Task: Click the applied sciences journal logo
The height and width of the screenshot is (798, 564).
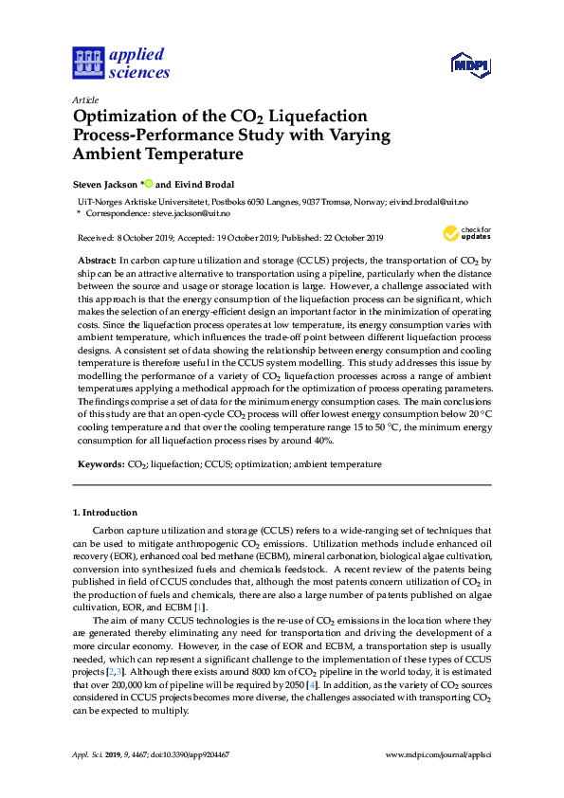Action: [x=119, y=63]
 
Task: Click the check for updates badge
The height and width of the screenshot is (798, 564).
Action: [x=464, y=233]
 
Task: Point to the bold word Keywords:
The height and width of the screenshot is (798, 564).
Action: [x=100, y=464]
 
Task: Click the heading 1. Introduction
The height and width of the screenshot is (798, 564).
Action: [x=105, y=512]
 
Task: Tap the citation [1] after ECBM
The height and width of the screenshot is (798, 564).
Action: [x=199, y=607]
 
